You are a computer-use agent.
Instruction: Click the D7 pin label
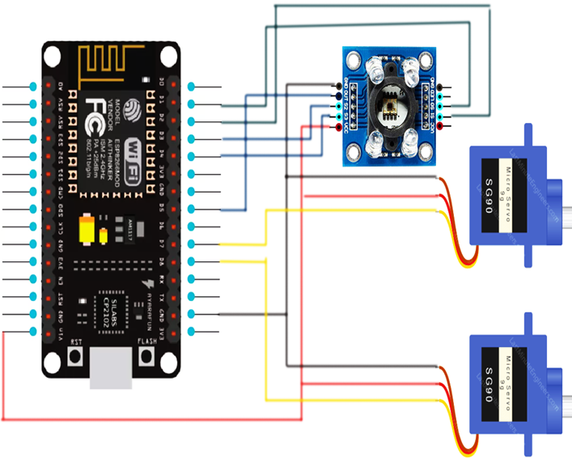point(162,244)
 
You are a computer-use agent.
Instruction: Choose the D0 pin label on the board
point(162,83)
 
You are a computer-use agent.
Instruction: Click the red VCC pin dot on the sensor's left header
point(338,128)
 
